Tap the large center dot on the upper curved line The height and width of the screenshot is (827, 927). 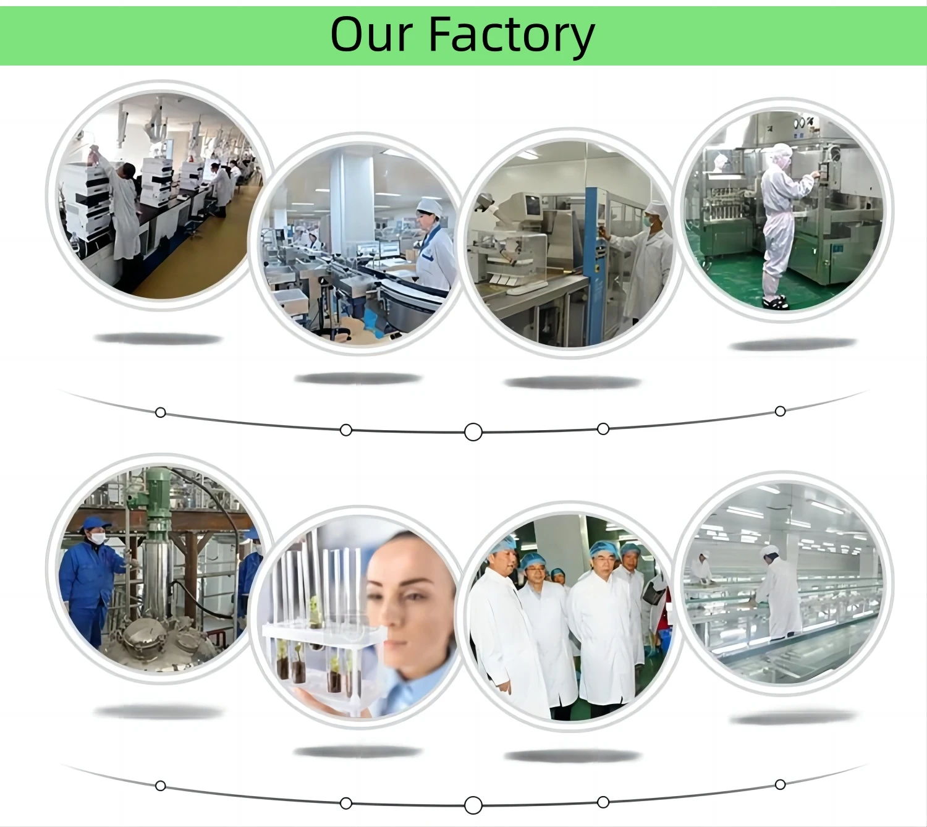coord(473,432)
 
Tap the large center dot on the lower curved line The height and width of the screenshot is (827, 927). coord(473,805)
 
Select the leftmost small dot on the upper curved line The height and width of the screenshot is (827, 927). coord(160,412)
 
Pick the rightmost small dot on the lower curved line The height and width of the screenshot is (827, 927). coord(780,784)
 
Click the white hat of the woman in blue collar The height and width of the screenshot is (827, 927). coord(430,206)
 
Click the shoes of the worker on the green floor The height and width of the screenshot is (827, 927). coord(775,302)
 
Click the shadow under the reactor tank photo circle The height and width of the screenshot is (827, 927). coord(158,713)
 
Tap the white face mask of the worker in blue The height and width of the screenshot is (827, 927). coord(98,538)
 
